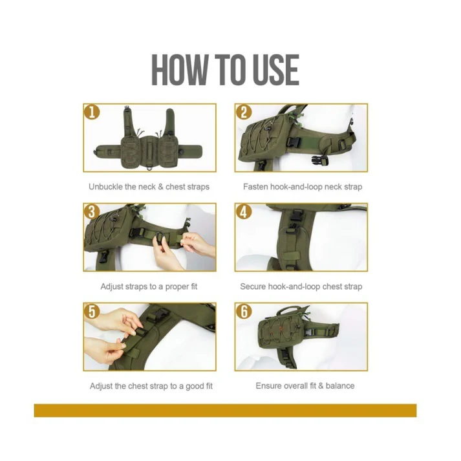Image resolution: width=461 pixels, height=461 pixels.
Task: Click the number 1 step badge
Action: tap(93, 112)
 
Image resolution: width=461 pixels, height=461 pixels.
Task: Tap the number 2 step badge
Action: tap(244, 112)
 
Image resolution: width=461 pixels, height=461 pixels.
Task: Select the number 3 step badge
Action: tap(93, 211)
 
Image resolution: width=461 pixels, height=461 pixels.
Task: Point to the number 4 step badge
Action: tap(244, 211)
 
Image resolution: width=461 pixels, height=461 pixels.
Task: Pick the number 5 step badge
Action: tap(93, 311)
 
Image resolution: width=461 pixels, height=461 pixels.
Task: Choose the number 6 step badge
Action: tap(244, 311)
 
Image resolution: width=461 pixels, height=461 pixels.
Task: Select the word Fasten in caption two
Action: tap(255, 187)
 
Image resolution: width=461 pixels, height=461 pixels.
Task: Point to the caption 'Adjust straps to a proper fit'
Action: tap(149, 286)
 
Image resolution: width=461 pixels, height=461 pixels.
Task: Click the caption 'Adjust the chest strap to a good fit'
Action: tap(151, 386)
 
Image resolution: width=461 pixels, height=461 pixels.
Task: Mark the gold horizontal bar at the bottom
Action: tap(225, 411)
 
